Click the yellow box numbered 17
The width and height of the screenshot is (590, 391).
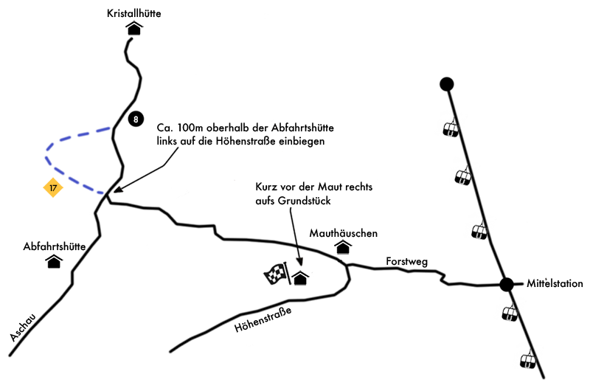pyautogui.click(x=53, y=188)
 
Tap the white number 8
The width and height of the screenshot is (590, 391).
pyautogui.click(x=136, y=120)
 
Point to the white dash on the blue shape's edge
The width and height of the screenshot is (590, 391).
pyautogui.click(x=101, y=125)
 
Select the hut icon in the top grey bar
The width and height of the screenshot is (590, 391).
pyautogui.click(x=133, y=28)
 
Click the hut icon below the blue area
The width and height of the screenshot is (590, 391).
pyautogui.click(x=54, y=261)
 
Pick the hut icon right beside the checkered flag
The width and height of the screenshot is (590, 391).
pyautogui.click(x=300, y=277)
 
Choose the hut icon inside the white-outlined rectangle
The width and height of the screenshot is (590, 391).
pyautogui.click(x=343, y=247)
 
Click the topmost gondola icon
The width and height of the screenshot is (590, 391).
pyautogui.click(x=451, y=125)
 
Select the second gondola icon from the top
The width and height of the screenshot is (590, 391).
pyautogui.click(x=463, y=173)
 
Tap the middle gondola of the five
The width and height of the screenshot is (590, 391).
pyautogui.click(x=479, y=227)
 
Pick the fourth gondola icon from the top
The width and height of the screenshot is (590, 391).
pyautogui.click(x=510, y=309)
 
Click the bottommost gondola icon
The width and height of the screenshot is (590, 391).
pyautogui.click(x=528, y=356)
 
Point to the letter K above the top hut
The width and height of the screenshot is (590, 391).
pyautogui.click(x=111, y=13)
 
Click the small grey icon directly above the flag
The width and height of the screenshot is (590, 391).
pyautogui.click(x=296, y=257)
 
